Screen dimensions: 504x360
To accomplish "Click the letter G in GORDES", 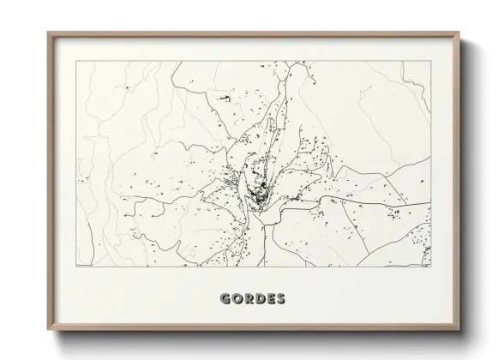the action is [x=225, y=299].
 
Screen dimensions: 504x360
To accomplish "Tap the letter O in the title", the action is [x=237, y=299].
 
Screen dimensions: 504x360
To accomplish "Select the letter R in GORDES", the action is [x=249, y=299].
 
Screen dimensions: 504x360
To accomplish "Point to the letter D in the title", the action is [x=260, y=299].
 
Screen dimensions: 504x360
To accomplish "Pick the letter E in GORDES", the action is [x=270, y=299].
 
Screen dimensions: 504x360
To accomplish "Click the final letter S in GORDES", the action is [x=280, y=299].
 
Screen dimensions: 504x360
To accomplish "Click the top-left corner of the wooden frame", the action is [x=48, y=33].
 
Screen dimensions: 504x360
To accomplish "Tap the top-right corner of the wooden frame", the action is [x=460, y=33].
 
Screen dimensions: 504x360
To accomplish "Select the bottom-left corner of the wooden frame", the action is [x=48, y=333].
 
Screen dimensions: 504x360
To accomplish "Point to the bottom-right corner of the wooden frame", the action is [x=460, y=333].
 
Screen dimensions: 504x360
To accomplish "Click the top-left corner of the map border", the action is [x=76, y=62].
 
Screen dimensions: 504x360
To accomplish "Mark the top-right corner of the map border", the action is [x=430, y=62].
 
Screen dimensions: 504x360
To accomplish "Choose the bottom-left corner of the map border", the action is [x=76, y=267].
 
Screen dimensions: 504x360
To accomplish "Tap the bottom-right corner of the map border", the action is [x=430, y=267].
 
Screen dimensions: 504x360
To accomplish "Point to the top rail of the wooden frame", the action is [x=254, y=33].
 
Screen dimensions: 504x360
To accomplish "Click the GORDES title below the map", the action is [x=253, y=299].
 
